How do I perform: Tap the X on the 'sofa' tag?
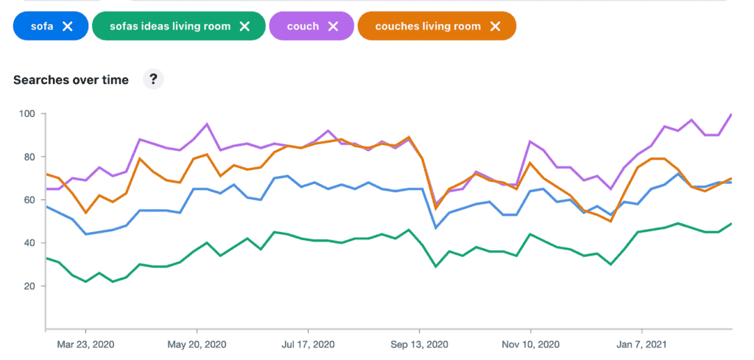(x=68, y=27)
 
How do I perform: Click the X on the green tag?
(x=245, y=27)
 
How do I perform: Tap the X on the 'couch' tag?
(x=333, y=27)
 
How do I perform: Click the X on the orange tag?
(x=496, y=27)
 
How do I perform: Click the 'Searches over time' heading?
(x=71, y=80)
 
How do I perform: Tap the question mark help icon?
(x=153, y=80)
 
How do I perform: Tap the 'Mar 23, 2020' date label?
(x=86, y=344)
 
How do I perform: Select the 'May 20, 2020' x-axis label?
(x=197, y=344)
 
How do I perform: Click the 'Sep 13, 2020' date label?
(x=419, y=344)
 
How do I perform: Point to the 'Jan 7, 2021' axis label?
(x=642, y=344)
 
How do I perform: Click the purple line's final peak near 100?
(x=731, y=114)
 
